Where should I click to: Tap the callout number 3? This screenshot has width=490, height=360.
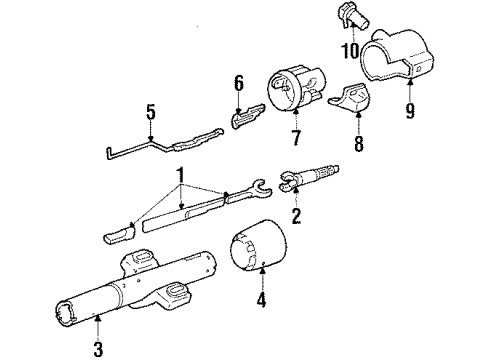pyautogui.click(x=97, y=349)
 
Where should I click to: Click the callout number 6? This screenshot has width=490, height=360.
pyautogui.click(x=238, y=82)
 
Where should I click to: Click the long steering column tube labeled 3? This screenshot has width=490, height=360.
pyautogui.click(x=140, y=291)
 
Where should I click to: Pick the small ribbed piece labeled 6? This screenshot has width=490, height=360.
pyautogui.click(x=247, y=119)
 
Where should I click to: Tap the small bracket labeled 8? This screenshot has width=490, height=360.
pyautogui.click(x=351, y=101)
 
